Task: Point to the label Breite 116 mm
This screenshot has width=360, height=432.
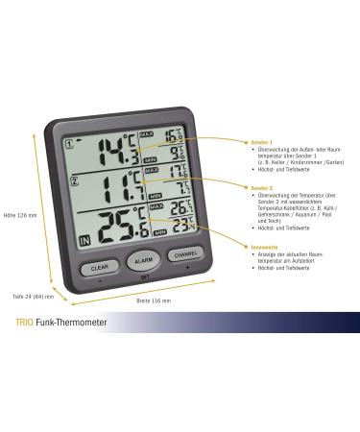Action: pyautogui.click(x=154, y=300)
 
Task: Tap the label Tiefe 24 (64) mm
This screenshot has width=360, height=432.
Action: pyautogui.click(x=32, y=296)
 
